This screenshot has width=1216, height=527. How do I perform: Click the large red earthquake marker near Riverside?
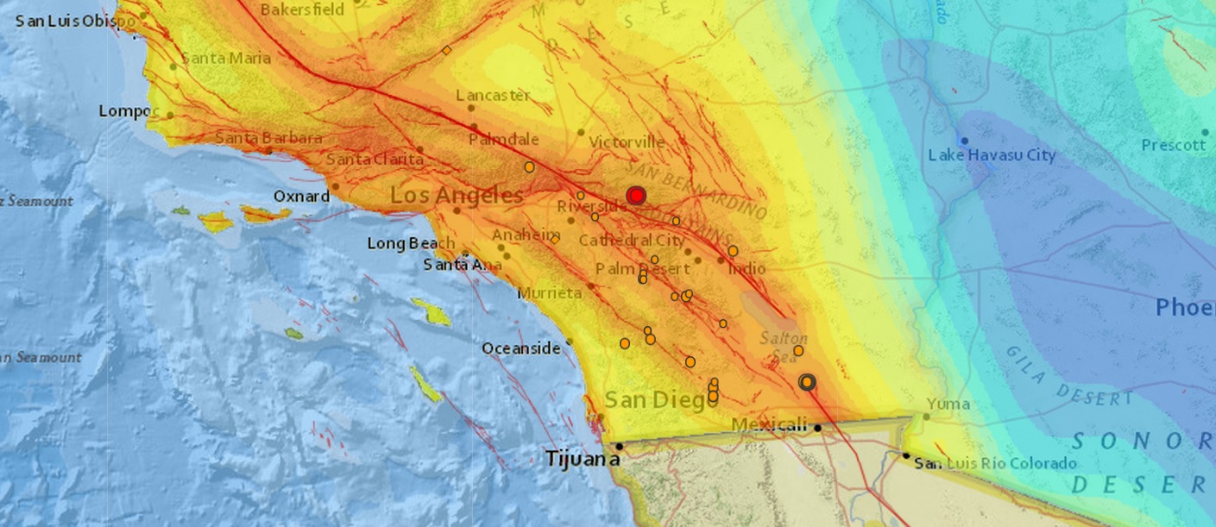[637, 196]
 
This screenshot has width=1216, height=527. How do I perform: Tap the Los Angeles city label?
[457, 196]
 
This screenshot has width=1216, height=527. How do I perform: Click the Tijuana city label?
[582, 459]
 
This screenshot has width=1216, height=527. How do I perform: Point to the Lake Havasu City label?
[992, 155]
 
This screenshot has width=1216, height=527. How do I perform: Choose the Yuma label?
[948, 404]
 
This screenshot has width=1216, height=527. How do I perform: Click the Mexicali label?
[769, 424]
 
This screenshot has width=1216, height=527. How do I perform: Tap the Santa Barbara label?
[268, 138]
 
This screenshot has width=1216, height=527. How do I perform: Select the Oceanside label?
[520, 348]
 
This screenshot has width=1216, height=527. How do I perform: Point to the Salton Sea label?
[783, 346]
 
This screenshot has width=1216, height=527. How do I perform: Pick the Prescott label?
[1174, 145]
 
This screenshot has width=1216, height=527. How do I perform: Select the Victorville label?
[627, 141]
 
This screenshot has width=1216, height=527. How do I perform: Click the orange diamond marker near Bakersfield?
[446, 50]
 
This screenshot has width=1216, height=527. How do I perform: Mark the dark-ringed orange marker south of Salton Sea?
[807, 382]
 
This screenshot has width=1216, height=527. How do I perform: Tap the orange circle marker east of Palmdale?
[529, 166]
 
